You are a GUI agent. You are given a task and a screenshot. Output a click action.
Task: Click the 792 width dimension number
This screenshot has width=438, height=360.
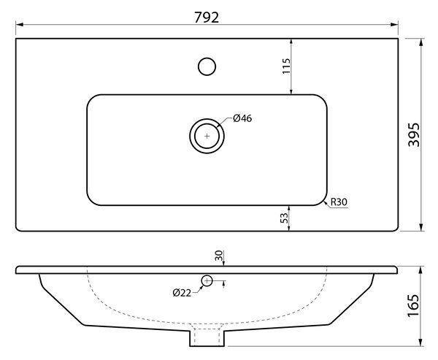pyautogui.click(x=207, y=18)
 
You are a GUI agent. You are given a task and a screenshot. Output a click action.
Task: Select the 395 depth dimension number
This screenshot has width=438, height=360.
pyautogui.click(x=414, y=134)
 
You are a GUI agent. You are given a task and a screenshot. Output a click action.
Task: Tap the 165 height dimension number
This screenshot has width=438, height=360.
pyautogui.click(x=413, y=306)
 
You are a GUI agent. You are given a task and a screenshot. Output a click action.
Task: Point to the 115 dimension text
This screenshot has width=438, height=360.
pyautogui.click(x=286, y=66)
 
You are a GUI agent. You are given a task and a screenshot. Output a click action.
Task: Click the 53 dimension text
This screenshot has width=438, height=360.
pyautogui.click(x=284, y=218)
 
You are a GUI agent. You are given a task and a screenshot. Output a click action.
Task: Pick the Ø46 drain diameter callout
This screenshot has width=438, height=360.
pyautogui.click(x=242, y=118)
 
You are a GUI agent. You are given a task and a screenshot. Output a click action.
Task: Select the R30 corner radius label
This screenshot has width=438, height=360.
pyautogui.click(x=339, y=202)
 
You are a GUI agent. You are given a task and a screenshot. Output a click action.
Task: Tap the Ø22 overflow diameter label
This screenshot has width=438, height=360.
pyautogui.click(x=182, y=293)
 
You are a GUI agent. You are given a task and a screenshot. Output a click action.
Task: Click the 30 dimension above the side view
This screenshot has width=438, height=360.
pyautogui.click(x=219, y=256)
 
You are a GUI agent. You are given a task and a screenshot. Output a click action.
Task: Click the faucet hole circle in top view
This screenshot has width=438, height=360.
pyautogui.click(x=207, y=66)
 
